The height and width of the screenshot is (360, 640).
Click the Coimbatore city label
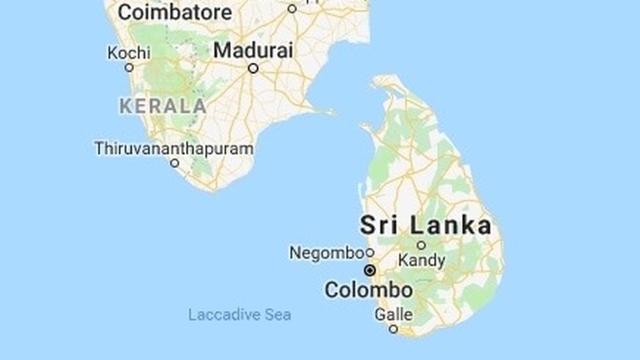(x=175, y=13)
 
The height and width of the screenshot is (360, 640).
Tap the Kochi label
(x=129, y=52)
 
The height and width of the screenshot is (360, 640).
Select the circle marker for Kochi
(x=129, y=68)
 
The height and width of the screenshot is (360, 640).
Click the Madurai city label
(x=253, y=50)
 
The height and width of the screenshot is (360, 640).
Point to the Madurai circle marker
(x=253, y=69)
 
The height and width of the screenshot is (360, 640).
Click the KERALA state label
(x=163, y=106)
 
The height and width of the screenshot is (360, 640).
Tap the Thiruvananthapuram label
(x=174, y=148)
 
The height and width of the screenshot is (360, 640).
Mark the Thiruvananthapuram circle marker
(x=175, y=163)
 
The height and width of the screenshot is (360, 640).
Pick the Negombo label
(x=327, y=252)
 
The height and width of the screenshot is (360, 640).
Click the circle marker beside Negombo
(x=370, y=252)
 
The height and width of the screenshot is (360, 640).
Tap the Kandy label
(x=421, y=260)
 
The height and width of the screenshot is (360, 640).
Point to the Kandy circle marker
(x=421, y=245)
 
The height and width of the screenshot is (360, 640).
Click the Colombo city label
(x=368, y=290)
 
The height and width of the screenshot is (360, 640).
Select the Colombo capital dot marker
(x=370, y=270)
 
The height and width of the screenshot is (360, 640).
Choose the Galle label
(x=394, y=314)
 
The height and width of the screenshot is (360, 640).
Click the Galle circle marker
(x=394, y=329)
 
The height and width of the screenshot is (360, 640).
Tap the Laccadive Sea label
(x=240, y=315)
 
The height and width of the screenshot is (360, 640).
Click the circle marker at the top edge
(x=292, y=9)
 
